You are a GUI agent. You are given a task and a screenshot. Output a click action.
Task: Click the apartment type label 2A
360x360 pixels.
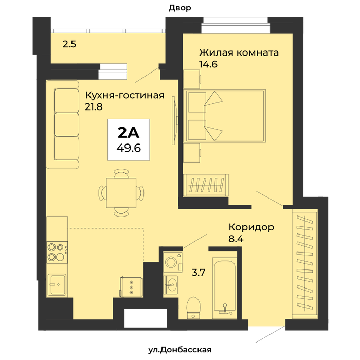click(x=129, y=133)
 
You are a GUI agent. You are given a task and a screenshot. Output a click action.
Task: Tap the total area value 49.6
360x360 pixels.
click(x=129, y=148)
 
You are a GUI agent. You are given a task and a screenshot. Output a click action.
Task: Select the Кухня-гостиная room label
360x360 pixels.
click(x=124, y=95)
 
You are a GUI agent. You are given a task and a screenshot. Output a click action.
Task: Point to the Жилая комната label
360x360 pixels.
click(x=239, y=53)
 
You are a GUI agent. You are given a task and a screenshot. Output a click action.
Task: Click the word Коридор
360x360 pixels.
click(x=251, y=227)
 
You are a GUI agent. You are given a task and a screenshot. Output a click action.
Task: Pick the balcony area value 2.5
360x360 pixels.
click(x=69, y=44)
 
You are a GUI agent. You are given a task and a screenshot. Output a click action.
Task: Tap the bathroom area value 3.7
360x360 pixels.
click(x=199, y=273)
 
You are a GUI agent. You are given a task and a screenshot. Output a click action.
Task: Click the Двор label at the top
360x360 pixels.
click(x=180, y=8)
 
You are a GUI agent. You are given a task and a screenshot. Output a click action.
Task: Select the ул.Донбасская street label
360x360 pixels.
click(x=180, y=350)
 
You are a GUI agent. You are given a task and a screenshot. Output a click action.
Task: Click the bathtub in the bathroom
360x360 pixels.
click(x=225, y=288)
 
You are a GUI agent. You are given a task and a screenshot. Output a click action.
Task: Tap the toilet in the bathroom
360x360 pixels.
click(x=193, y=308)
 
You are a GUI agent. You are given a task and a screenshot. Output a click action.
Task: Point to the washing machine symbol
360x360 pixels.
click(x=172, y=262)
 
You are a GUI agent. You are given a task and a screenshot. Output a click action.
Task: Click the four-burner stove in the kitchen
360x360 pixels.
click(x=57, y=252)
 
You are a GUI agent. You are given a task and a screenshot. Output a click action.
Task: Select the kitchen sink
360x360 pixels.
click(x=57, y=285)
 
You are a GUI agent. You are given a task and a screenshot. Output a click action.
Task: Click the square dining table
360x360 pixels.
click(x=121, y=193)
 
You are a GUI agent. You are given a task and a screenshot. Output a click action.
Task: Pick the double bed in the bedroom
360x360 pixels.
click(x=224, y=116)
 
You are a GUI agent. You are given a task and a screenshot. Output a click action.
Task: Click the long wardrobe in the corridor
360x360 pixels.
click(x=305, y=264)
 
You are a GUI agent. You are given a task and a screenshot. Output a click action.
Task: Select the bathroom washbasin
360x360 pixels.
click(x=170, y=285)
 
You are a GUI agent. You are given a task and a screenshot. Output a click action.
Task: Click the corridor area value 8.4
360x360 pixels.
click(x=236, y=239)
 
